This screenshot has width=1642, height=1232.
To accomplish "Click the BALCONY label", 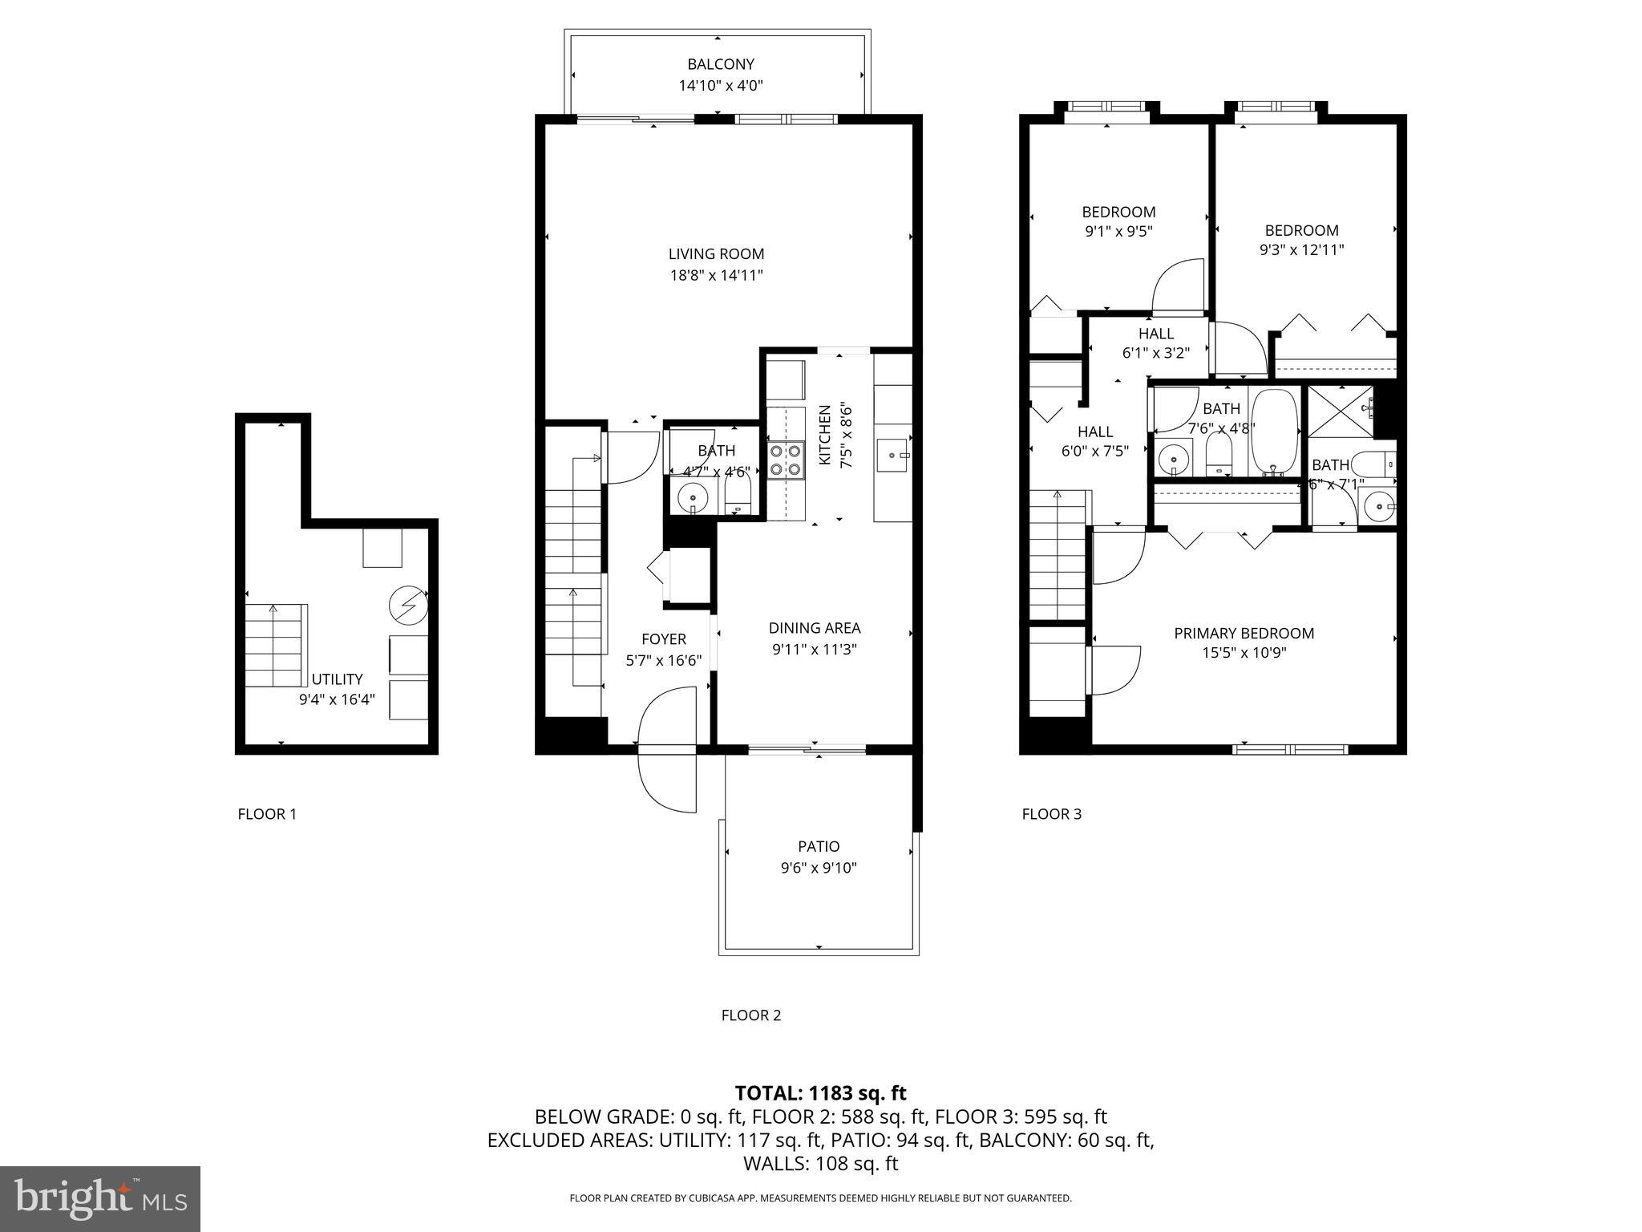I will [720, 64].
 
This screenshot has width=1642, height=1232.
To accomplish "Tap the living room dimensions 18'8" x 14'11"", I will [716, 275].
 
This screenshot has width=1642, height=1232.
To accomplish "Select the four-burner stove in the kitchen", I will [786, 460].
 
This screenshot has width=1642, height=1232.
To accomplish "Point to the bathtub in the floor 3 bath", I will [1274, 433].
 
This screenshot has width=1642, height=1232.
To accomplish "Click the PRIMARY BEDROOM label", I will [1244, 633].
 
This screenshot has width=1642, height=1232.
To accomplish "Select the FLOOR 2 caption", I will [750, 1015].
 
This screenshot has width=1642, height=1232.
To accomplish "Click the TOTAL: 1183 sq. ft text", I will [820, 1092].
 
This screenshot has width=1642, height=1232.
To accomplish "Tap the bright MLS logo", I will [100, 1198].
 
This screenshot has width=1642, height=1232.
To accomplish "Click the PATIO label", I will [819, 846].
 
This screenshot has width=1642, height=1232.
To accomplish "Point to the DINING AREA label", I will [815, 628].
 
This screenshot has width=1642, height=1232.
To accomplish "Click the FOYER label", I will [663, 638].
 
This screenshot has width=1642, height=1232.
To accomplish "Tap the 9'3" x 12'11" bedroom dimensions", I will [1301, 249].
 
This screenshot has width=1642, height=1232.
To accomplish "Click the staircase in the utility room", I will [276, 646].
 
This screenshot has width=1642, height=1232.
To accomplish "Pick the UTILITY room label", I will [337, 679].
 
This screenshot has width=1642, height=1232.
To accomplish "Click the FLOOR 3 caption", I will [1051, 814].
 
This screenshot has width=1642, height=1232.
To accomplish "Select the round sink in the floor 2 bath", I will [692, 497].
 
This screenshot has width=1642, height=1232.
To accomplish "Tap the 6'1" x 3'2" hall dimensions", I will [1155, 352].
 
